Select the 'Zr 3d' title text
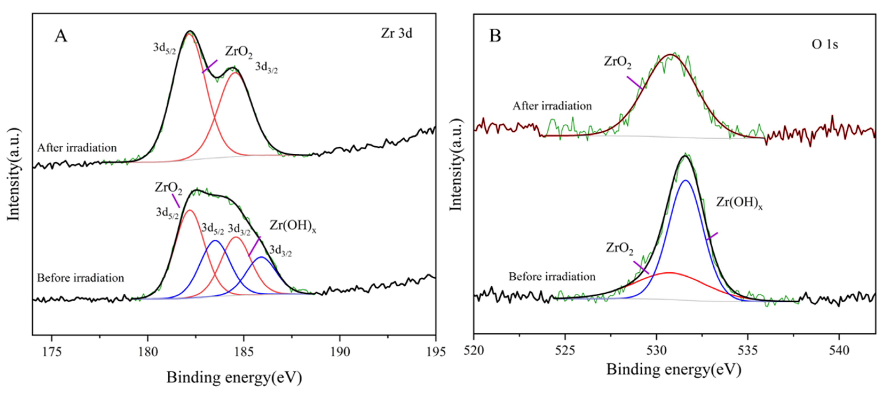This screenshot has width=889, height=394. click(397, 33)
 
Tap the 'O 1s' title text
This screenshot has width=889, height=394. click(824, 44)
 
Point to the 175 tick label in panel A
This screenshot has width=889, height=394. click(52, 352)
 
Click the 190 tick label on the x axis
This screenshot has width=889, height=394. click(340, 352)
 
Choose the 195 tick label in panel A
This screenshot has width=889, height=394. click(435, 352)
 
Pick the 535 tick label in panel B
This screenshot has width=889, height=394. click(748, 351)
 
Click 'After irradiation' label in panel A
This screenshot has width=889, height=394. click(77, 148)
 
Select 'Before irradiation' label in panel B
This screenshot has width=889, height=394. click(552, 276)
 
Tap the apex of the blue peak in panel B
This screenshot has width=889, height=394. click(685, 180)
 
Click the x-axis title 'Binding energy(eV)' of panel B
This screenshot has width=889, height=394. click(674, 369)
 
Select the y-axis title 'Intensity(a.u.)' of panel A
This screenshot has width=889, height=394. click(14, 174)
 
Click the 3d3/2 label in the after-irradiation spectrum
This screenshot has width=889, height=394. click(266, 67)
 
